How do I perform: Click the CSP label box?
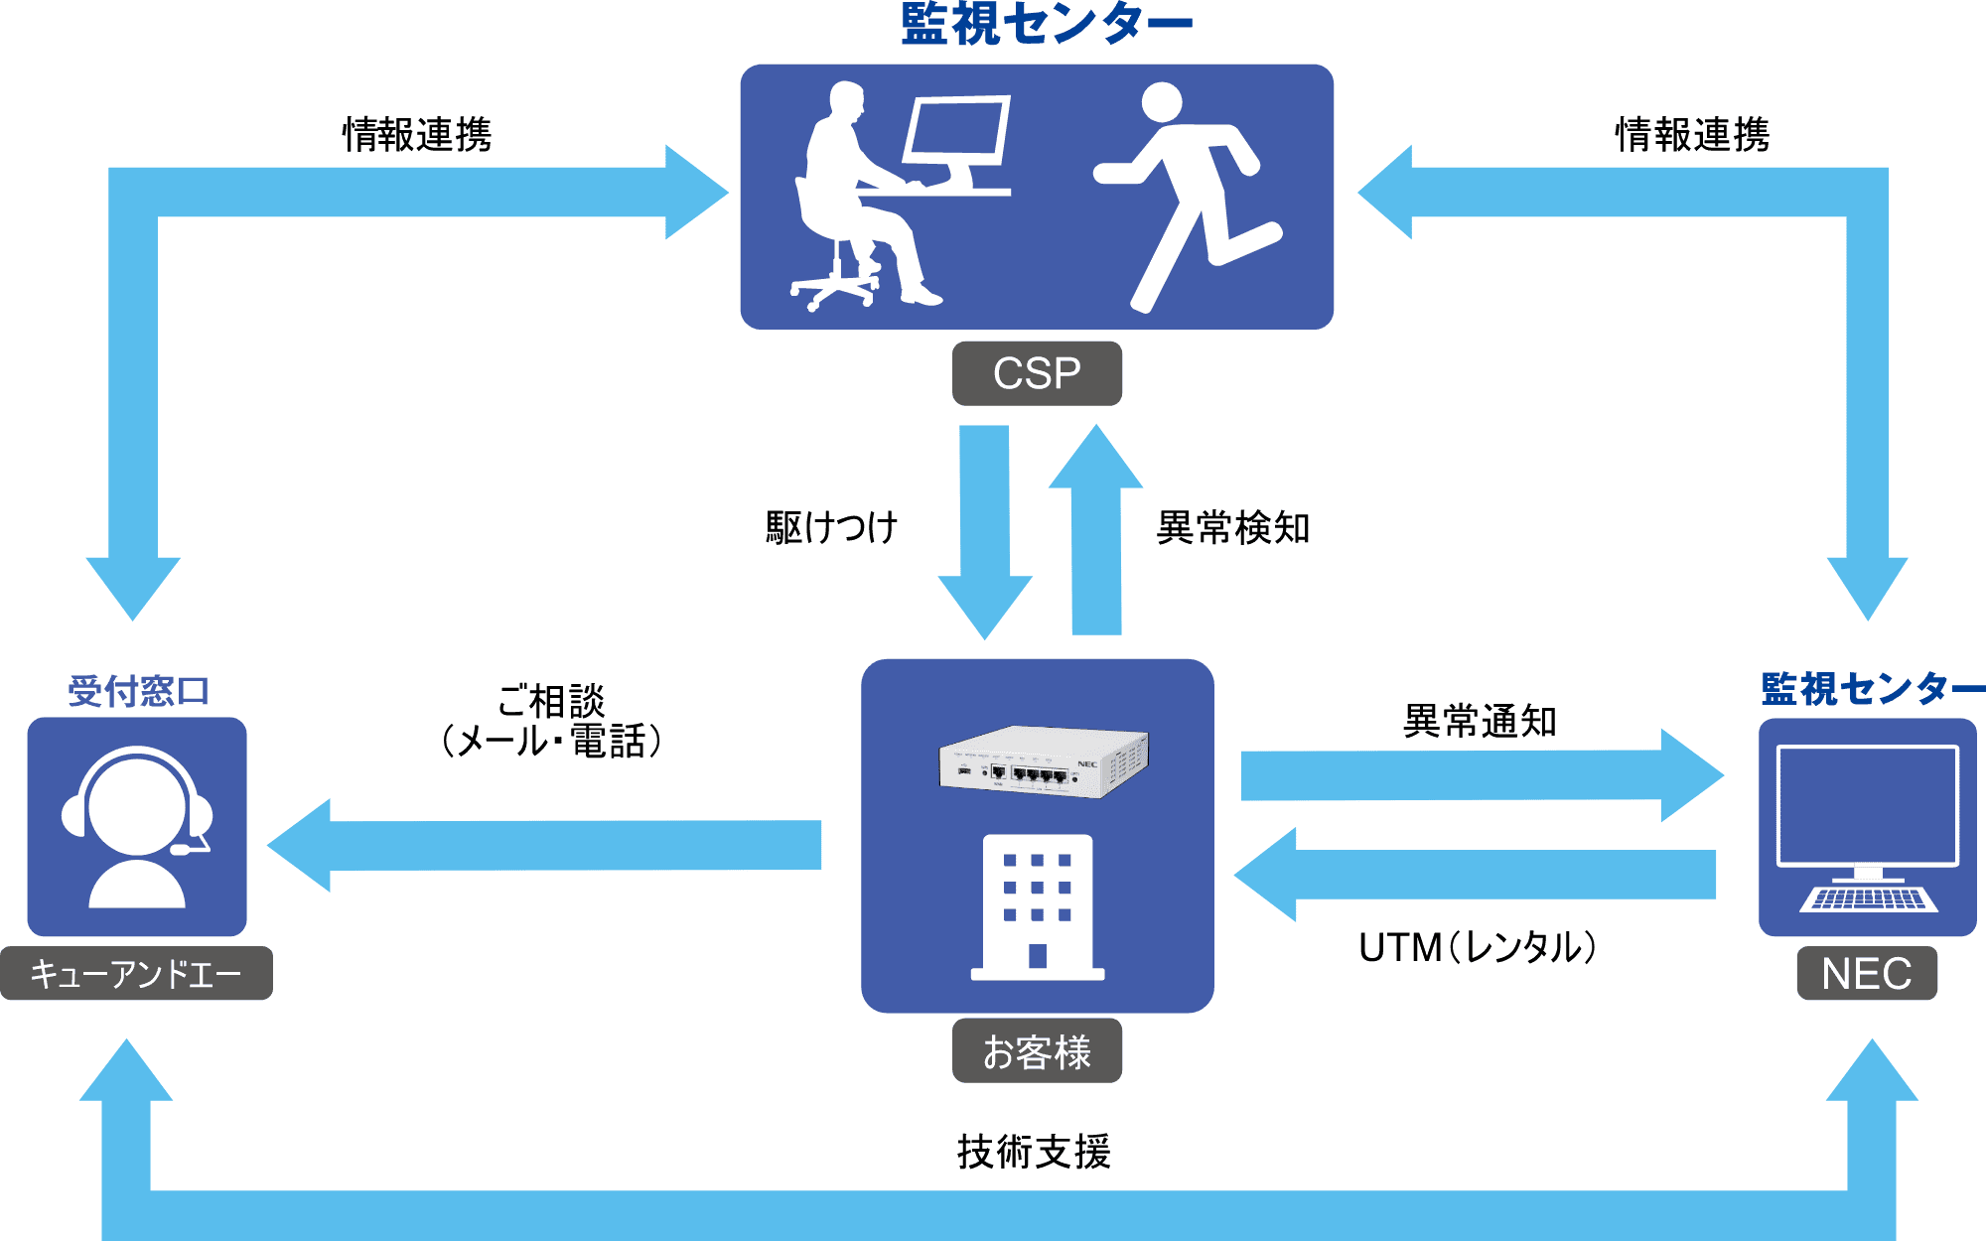(1037, 373)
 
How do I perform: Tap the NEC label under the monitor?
(1866, 974)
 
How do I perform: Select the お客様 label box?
(1037, 1051)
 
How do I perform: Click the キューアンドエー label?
(136, 974)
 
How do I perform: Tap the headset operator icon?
(137, 827)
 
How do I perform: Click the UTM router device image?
(1043, 762)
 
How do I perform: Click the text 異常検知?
(1233, 528)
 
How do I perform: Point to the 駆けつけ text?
(832, 527)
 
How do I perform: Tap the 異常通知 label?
(1480, 722)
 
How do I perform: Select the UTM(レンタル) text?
(1477, 948)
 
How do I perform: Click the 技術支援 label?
(1034, 1152)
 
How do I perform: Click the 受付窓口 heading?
(138, 691)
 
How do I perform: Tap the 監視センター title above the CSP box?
(1047, 25)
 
